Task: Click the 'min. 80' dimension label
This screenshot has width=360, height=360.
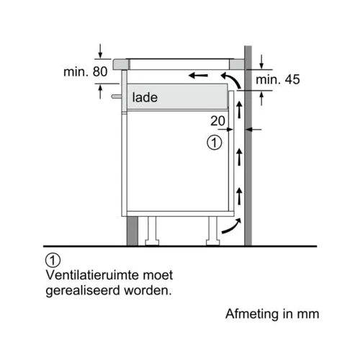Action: coord(85,71)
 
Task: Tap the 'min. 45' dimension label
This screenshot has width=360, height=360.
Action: coord(278,79)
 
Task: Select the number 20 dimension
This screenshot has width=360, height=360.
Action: coord(217,121)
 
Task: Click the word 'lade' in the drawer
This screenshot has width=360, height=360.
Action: coord(145,97)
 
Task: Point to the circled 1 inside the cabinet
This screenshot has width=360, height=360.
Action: coord(215,143)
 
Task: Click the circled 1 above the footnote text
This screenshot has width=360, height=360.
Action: coord(53,260)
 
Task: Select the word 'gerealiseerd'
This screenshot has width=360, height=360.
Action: coord(83,291)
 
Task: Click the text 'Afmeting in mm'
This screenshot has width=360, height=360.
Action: coord(272,314)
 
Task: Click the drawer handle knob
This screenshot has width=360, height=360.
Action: coord(117,96)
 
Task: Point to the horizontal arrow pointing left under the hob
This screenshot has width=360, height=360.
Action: coord(198,76)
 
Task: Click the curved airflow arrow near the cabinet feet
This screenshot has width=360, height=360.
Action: coord(232,226)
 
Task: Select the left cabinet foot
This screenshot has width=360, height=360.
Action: coord(152,231)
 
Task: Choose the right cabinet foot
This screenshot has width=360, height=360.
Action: coord(213,231)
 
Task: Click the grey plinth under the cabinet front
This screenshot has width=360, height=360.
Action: coord(132,231)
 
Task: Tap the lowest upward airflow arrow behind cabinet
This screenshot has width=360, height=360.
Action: coord(239,197)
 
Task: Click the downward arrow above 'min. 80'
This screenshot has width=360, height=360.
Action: coord(100,51)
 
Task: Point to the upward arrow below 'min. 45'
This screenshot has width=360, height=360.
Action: coord(261,99)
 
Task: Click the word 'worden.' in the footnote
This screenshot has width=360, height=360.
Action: coord(148,290)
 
